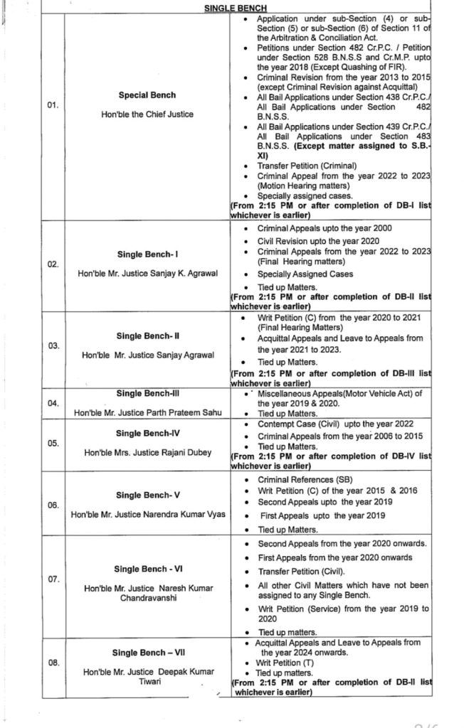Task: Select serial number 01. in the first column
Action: point(52,106)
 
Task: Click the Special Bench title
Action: point(147,95)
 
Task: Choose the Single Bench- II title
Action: point(147,336)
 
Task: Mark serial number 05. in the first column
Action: point(52,442)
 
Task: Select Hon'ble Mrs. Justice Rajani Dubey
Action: point(147,452)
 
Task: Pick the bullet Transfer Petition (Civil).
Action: point(301,571)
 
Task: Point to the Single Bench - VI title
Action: point(147,569)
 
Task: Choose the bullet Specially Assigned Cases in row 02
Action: point(305,274)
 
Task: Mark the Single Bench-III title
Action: point(147,392)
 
